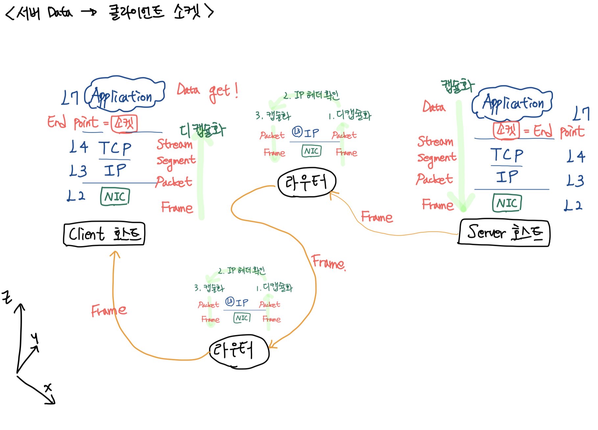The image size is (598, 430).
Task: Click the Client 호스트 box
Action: point(104,234)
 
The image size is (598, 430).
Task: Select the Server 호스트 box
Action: point(504,233)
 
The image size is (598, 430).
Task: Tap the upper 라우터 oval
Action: point(307,183)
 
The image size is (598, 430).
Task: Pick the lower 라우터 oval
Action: point(239,351)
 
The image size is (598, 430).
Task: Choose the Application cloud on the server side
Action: point(512,103)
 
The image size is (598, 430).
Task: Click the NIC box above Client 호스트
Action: point(115,197)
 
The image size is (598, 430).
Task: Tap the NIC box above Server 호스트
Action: point(507,203)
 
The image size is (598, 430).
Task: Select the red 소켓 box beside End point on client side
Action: point(124,124)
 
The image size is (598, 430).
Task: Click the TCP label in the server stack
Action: point(507,155)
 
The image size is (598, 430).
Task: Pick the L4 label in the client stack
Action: point(79,147)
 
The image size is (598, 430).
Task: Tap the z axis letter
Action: point(7,297)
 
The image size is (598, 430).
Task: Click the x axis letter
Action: point(48,388)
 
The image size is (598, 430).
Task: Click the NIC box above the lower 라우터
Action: point(242,318)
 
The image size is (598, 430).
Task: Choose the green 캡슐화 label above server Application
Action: point(457,86)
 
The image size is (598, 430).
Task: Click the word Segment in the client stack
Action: point(176,161)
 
